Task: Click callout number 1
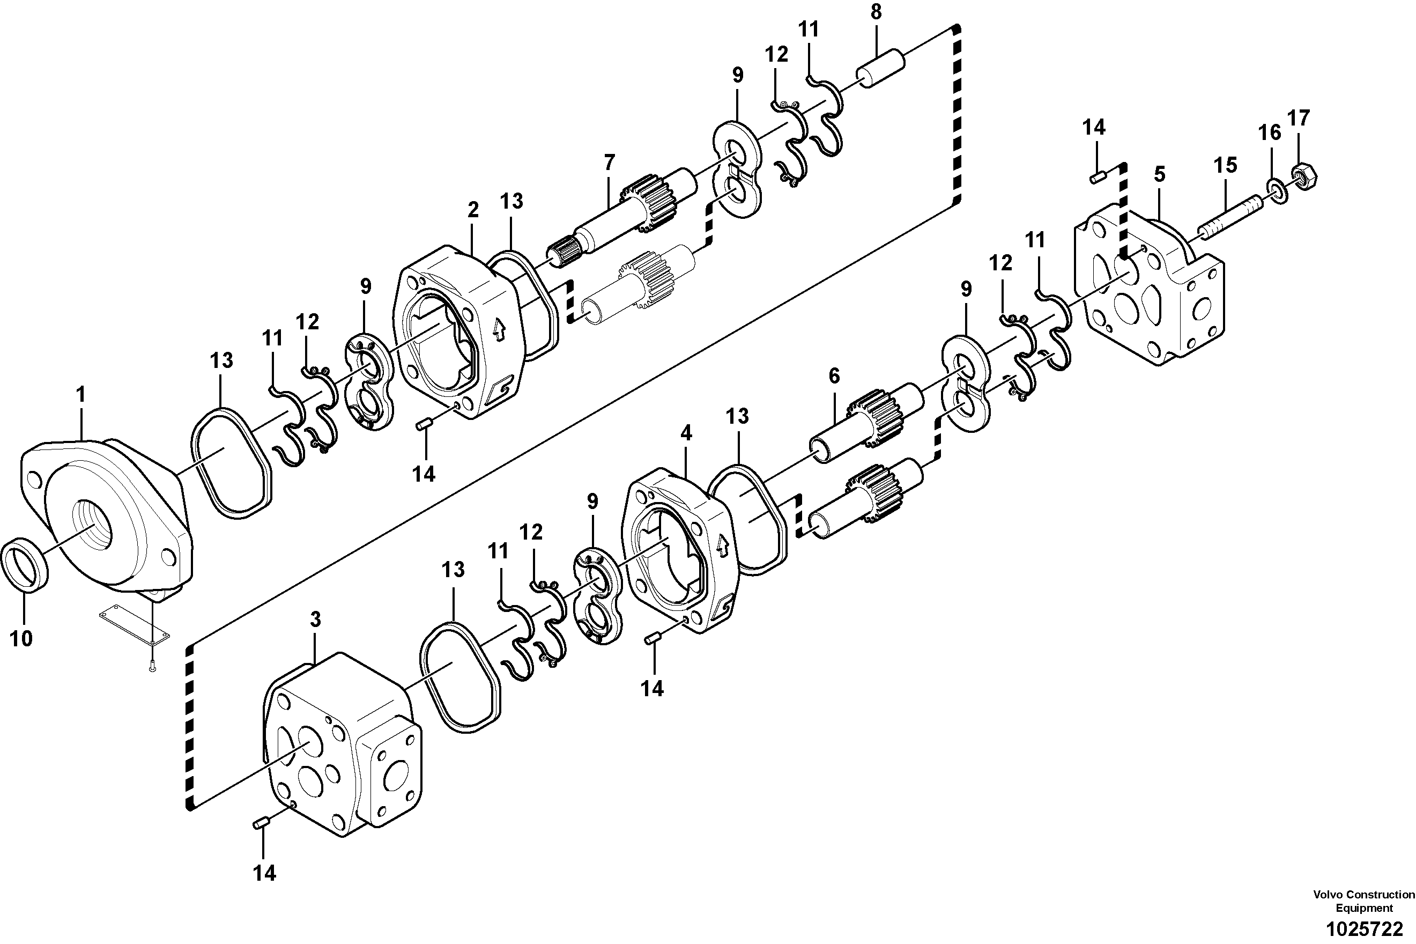80,395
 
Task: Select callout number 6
834,377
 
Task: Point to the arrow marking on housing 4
722,546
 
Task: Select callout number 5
1159,175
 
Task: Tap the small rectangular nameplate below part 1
134,626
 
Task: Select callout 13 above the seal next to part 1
221,360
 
